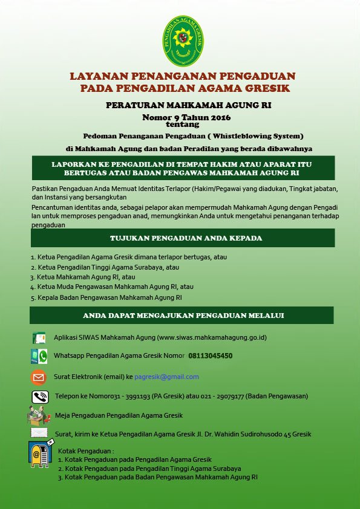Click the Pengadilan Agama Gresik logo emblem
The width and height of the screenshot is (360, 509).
coord(183,41)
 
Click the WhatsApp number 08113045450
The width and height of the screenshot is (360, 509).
coord(210,356)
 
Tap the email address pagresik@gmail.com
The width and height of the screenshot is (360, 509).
coord(166,377)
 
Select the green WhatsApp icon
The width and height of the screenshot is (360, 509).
coord(39,356)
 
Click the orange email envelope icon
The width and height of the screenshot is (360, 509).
coord(39,377)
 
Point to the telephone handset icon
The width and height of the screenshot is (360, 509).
coord(40,397)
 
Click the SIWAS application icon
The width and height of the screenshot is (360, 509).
coord(39,337)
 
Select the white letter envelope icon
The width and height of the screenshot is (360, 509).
coord(39,433)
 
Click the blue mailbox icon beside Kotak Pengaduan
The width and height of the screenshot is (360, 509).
coord(40,454)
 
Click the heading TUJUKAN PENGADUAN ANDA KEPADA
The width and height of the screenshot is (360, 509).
coord(186,238)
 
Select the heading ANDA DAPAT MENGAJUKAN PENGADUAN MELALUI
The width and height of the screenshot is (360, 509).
coord(183,316)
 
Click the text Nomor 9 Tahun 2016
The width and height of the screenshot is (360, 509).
coord(186,117)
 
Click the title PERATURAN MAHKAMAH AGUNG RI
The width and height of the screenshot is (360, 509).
coord(188,105)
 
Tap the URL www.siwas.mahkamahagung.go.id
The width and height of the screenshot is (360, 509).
coord(212,337)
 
